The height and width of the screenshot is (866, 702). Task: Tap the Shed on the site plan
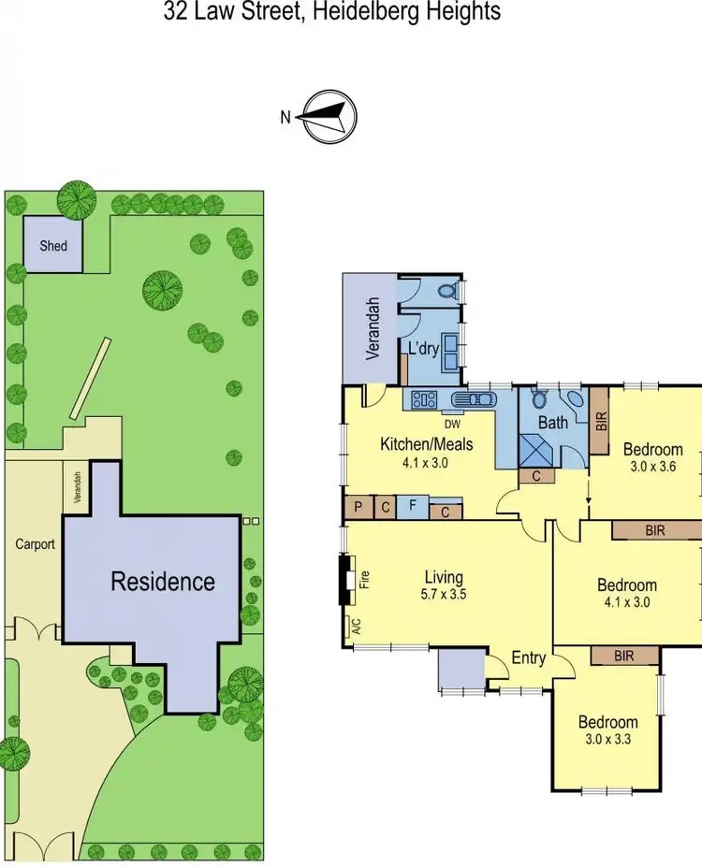point(53,245)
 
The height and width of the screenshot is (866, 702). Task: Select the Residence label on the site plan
point(163,582)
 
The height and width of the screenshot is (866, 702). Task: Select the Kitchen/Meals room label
point(426,444)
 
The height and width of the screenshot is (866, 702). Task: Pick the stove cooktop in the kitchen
point(424,399)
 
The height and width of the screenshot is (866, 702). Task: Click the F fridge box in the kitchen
point(413,509)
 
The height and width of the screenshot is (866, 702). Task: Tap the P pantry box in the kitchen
point(358,509)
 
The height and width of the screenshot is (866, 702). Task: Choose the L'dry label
point(424,349)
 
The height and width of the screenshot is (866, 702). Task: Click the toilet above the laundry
point(447,292)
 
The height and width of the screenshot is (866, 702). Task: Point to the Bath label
point(552,423)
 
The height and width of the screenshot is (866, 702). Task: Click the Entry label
point(528,658)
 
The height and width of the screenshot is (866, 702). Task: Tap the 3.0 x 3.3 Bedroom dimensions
point(607,739)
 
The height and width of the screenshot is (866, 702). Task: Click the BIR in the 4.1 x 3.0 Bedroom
point(655,530)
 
